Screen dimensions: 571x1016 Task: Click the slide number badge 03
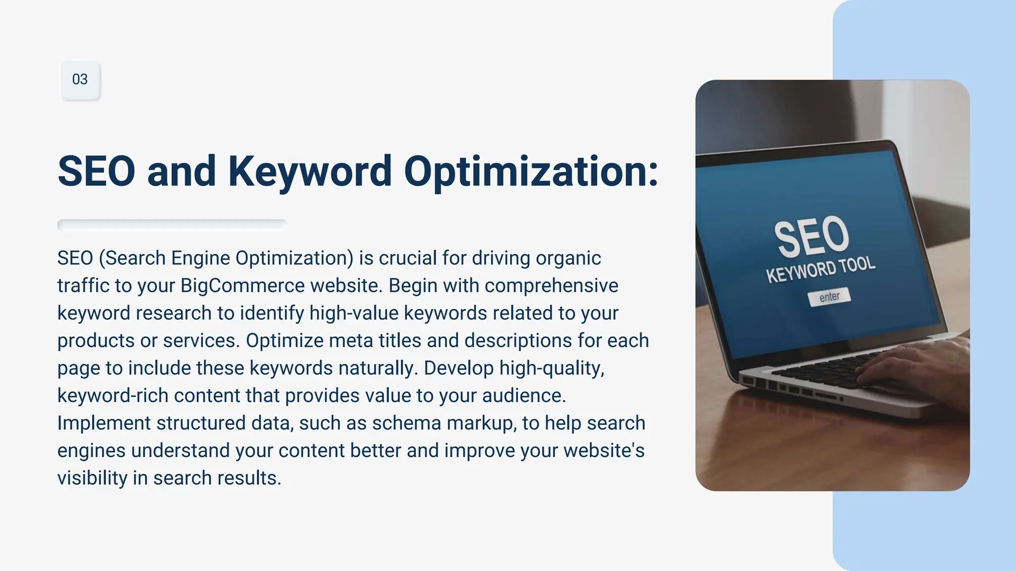(80, 80)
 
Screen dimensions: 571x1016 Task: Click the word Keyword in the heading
(310, 172)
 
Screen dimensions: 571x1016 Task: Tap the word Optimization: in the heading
(531, 172)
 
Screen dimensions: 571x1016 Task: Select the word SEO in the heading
(96, 172)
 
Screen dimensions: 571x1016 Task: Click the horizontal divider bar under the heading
(172, 225)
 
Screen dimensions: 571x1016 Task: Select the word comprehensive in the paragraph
(551, 286)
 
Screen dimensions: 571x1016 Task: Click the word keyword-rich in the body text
(113, 396)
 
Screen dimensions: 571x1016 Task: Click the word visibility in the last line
(92, 478)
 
